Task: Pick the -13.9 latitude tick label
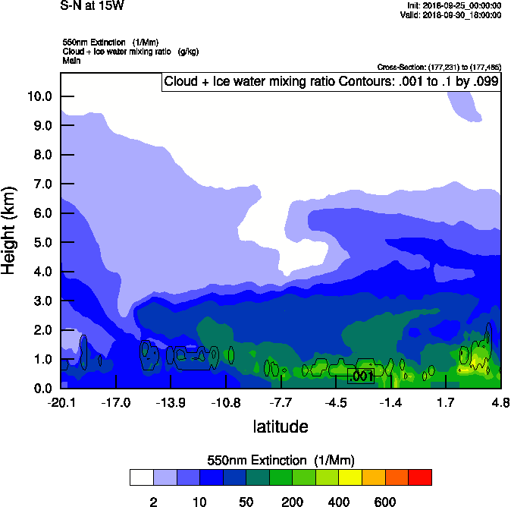point(171,402)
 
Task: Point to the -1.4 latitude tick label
point(390,402)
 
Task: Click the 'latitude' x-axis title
point(281,427)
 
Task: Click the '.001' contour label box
point(361,376)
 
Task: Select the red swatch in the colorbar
point(420,477)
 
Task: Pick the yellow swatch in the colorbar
point(350,477)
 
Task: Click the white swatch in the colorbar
point(141,477)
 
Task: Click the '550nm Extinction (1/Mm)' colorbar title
point(281,461)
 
